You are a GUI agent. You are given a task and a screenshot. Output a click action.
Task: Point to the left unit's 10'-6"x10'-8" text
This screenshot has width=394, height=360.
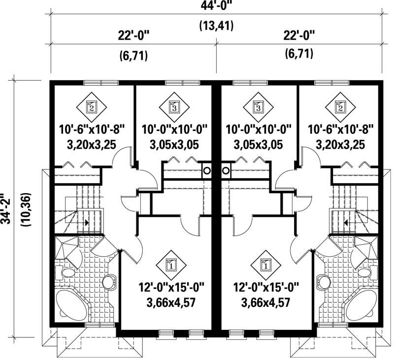coord(92,129)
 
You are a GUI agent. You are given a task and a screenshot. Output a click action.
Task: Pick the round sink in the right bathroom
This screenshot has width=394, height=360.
coord(324,282)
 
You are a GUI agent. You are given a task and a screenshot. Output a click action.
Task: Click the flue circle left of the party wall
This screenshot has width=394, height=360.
coord(207,170)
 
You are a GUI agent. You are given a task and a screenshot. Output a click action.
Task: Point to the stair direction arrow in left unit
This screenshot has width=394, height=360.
coord(87,223)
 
